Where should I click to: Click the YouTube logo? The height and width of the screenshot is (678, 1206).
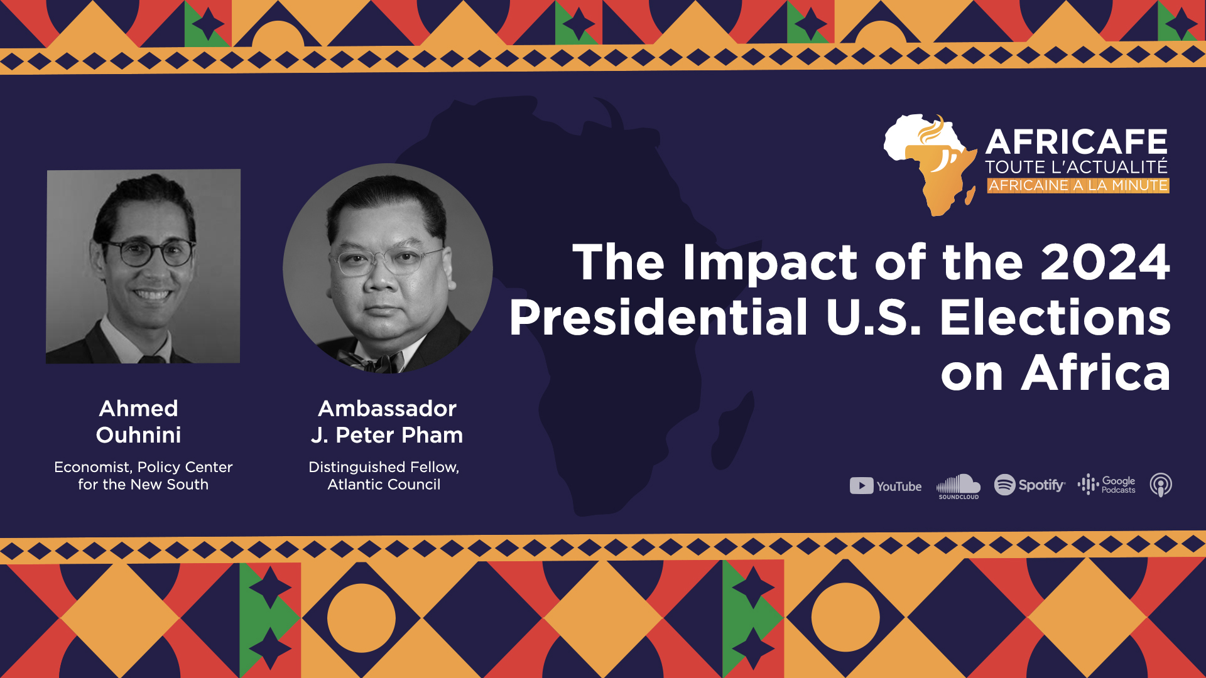tap(886, 486)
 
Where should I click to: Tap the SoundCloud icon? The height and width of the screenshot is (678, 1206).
tap(959, 487)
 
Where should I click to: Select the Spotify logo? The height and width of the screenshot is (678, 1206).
tap(1029, 485)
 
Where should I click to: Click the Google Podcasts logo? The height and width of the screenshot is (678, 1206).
tap(1107, 485)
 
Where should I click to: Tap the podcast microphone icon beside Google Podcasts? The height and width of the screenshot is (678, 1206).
tap(1161, 485)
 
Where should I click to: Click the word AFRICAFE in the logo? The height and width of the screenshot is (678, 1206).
tap(1077, 142)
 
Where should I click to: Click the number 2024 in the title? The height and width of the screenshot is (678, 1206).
tap(1105, 262)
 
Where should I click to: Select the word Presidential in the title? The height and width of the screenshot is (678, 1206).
tap(658, 317)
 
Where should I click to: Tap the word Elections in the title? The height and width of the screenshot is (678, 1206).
tap(1055, 317)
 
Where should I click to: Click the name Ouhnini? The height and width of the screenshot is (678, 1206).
tap(138, 435)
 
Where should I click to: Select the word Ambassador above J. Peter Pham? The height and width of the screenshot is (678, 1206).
tap(387, 409)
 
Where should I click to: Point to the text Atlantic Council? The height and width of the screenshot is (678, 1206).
tap(384, 485)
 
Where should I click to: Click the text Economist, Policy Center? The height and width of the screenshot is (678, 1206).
tap(143, 468)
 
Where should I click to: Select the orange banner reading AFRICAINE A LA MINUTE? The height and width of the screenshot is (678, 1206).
tap(1078, 185)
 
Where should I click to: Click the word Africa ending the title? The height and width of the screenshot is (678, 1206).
tap(1095, 373)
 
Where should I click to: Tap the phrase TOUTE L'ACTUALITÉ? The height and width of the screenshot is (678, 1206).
tap(1076, 167)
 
